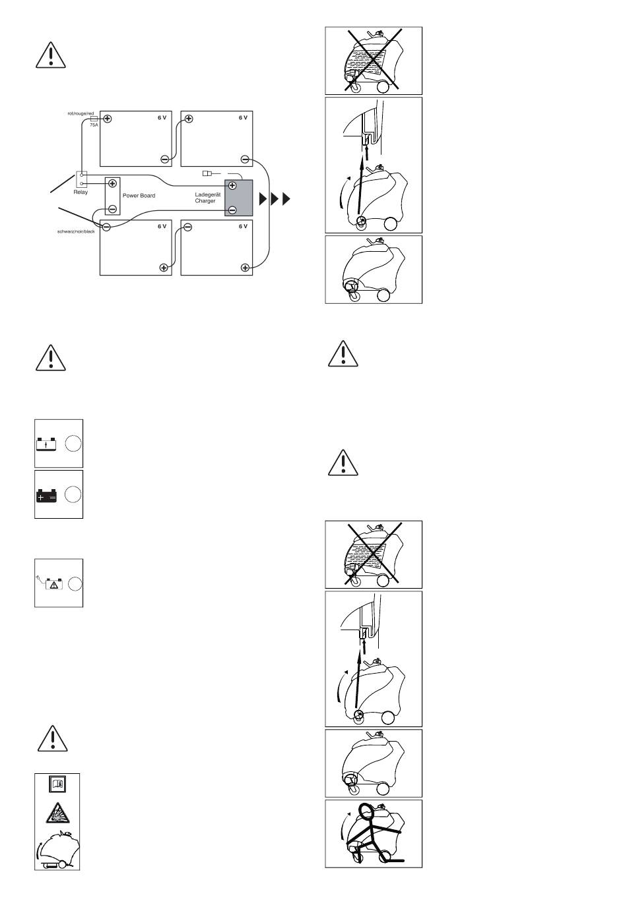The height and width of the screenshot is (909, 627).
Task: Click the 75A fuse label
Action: tap(94, 125)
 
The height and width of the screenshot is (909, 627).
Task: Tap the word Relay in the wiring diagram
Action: tap(81, 192)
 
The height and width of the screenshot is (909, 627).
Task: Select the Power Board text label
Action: tap(139, 196)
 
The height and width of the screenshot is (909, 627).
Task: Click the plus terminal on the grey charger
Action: tap(232, 185)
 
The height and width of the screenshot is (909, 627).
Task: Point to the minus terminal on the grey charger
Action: tap(232, 210)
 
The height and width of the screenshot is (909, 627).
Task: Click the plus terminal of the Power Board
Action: tap(113, 183)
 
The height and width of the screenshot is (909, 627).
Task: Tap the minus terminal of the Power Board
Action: tap(113, 209)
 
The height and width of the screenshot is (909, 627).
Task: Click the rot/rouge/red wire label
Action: tap(81, 113)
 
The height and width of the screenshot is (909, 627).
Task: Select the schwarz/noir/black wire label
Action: tap(77, 232)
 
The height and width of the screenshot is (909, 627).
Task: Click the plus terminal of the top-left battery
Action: tap(108, 119)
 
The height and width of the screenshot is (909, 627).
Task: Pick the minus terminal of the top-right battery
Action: tap(245, 159)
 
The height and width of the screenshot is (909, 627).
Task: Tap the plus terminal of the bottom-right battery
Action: tap(245, 267)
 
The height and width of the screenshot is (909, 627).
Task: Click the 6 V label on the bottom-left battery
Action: tap(162, 226)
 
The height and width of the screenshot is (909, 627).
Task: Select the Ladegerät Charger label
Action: tap(205, 198)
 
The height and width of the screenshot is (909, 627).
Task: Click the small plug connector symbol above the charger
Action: tap(206, 174)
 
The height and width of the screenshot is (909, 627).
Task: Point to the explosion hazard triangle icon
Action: tap(57, 813)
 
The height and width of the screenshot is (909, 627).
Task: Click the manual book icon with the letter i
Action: tap(57, 784)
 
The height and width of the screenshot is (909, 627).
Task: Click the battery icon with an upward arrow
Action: tap(47, 443)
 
